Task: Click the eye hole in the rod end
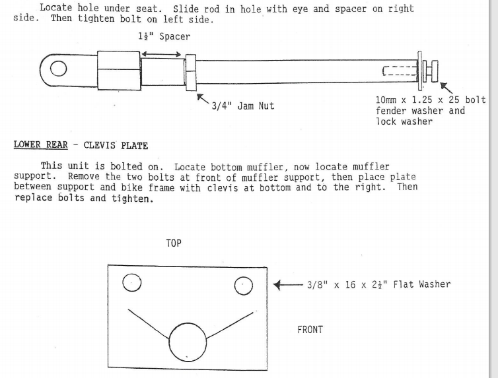[58, 69]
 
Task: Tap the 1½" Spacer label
[164, 36]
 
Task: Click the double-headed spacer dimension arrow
[161, 54]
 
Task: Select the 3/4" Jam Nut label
[243, 106]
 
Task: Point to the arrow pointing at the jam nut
[203, 98]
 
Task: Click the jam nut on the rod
[191, 73]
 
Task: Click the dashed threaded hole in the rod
[400, 71]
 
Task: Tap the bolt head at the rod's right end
[435, 71]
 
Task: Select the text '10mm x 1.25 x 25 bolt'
[431, 100]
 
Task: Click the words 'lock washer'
[404, 121]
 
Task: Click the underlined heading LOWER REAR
[41, 144]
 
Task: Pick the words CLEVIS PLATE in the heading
[116, 145]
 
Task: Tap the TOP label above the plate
[174, 243]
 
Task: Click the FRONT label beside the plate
[310, 330]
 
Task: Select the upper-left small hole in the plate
[132, 282]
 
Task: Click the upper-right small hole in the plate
[244, 286]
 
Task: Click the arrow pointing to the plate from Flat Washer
[288, 285]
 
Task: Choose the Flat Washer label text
[378, 284]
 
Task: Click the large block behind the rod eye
[119, 71]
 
